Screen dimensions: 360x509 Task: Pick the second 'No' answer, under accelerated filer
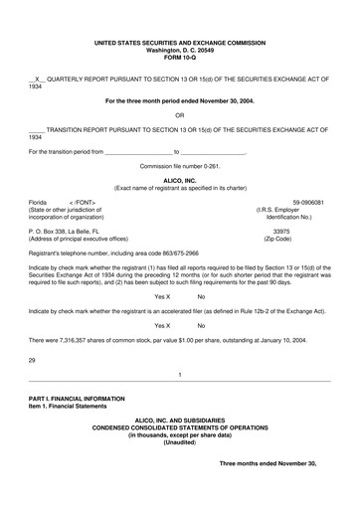(x=201, y=325)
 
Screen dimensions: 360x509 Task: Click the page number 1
(x=179, y=375)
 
